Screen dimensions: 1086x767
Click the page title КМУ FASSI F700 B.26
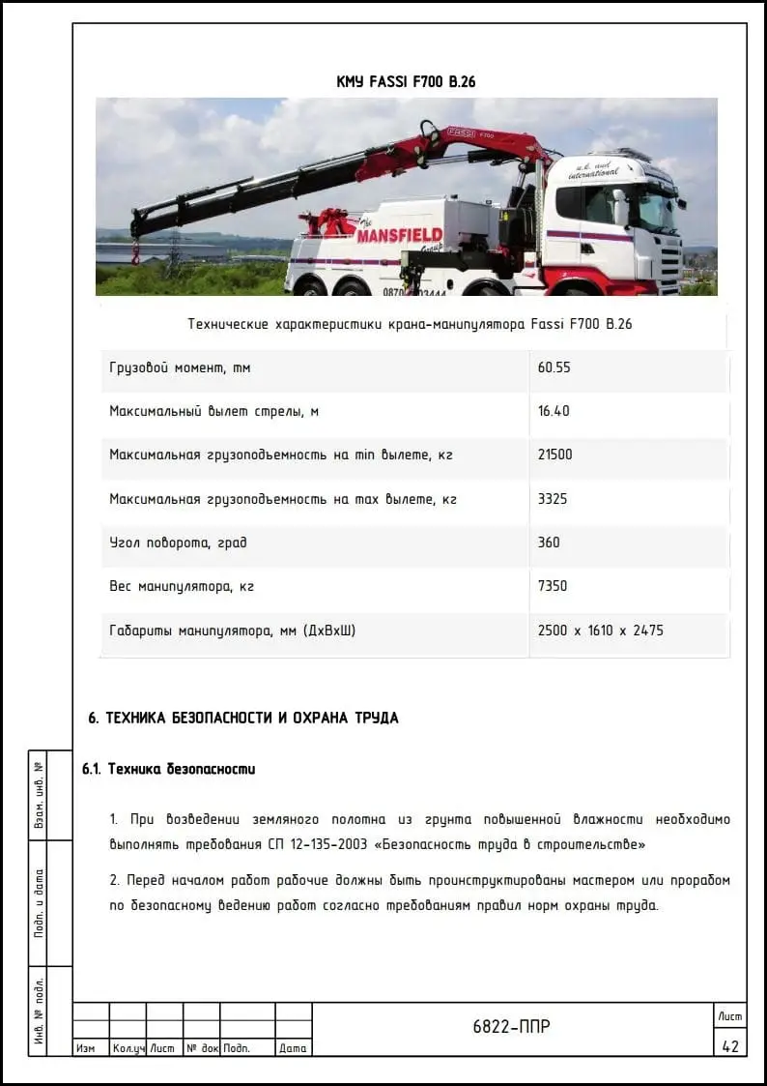(406, 82)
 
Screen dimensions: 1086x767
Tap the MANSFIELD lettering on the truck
(399, 235)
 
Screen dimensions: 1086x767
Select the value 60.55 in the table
(554, 367)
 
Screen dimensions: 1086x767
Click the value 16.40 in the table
(554, 411)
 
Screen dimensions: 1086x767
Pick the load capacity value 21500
(555, 455)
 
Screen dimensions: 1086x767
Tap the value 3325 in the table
(553, 499)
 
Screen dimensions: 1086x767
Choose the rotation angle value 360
(549, 543)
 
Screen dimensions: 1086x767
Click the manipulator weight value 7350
(553, 586)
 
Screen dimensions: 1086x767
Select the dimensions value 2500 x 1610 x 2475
(600, 631)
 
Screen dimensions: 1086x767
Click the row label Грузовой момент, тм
(181, 367)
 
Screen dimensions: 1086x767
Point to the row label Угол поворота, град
(178, 543)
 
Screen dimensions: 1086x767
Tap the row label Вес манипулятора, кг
(182, 586)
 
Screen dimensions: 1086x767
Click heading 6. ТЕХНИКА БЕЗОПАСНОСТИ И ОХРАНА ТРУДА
(243, 719)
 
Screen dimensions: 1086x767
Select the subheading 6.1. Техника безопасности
(169, 770)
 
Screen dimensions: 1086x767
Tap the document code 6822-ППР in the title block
(511, 1027)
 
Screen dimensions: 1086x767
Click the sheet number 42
(729, 1046)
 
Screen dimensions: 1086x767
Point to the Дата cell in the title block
(293, 1048)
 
